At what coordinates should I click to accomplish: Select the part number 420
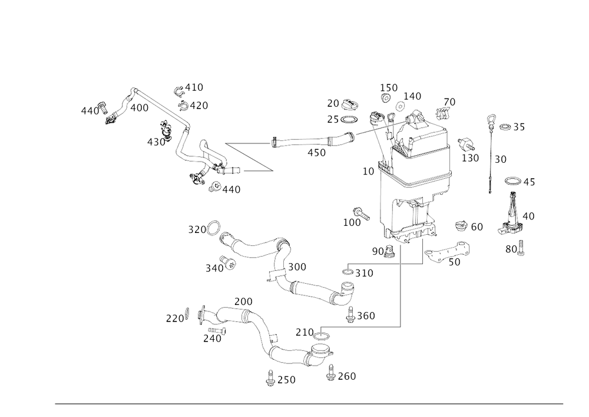click(x=198, y=106)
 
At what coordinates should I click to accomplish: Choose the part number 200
click(x=243, y=302)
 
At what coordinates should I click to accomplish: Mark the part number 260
click(x=346, y=375)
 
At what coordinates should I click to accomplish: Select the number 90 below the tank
click(x=376, y=249)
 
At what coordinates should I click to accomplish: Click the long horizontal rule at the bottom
click(x=309, y=403)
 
